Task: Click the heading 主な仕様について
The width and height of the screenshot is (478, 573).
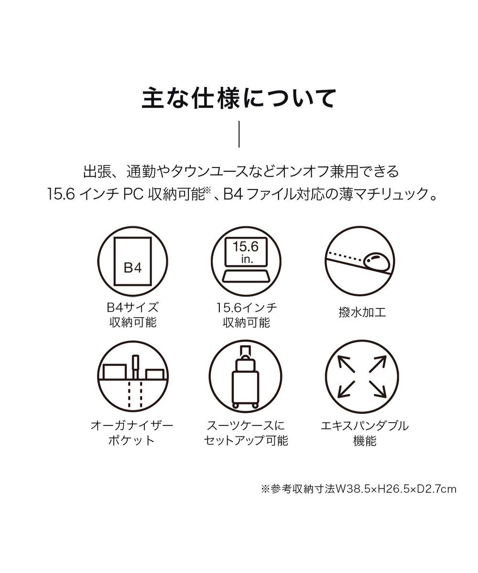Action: coord(239,98)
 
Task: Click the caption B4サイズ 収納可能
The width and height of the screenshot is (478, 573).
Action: coord(133,314)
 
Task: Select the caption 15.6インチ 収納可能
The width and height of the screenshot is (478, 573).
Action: coord(246,314)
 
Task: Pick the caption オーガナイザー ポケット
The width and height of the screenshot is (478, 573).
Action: coord(133,433)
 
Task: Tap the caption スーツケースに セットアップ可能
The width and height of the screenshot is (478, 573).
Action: coord(246,433)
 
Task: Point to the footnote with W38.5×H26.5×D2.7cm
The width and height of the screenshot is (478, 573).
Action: coord(358,489)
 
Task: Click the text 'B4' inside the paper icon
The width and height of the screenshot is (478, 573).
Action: coord(133,268)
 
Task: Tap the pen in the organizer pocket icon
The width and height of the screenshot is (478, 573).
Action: coord(136,365)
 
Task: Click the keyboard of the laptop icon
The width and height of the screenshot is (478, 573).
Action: coord(246,276)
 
